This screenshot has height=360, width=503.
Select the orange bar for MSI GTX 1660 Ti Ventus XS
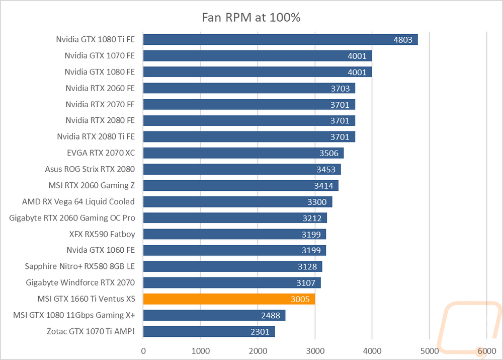229,299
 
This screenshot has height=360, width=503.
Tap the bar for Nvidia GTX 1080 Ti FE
280,40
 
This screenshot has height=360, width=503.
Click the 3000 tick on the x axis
315,350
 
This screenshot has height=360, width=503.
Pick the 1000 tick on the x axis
201,350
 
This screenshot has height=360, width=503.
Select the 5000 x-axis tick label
429,350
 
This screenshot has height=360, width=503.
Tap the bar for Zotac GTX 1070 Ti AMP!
209,331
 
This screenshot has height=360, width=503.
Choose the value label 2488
272,315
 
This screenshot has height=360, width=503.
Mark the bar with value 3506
243,153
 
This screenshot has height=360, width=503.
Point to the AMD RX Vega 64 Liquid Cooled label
78,201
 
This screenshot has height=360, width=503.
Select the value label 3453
327,169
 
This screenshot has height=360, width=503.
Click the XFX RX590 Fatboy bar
234,234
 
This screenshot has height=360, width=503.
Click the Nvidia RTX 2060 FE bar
249,88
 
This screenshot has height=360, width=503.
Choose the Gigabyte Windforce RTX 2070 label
80,282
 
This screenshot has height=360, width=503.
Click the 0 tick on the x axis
143,350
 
